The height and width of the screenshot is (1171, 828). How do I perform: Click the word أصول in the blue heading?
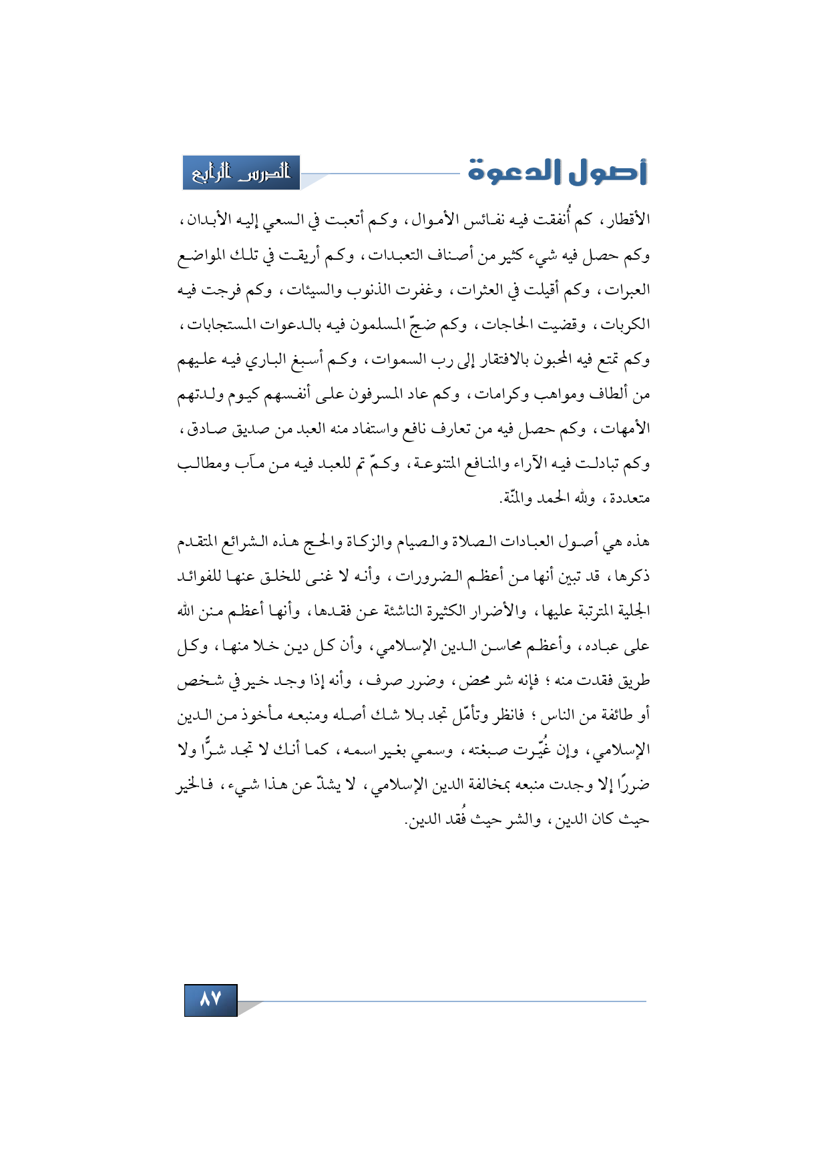click(608, 172)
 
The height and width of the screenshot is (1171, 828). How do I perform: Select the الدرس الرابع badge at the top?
click(241, 173)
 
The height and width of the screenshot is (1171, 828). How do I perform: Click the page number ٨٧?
click(210, 999)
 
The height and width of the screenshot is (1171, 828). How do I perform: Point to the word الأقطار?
click(627, 220)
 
